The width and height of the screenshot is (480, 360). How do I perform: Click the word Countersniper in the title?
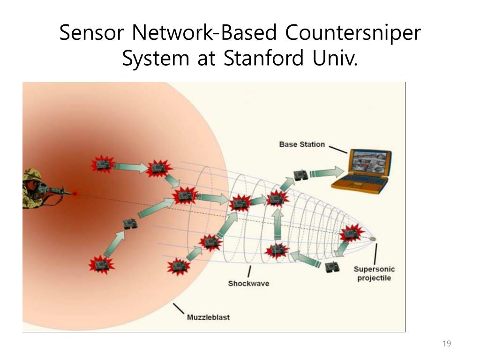tap(353, 33)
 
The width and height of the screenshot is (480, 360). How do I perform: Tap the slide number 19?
tap(446, 344)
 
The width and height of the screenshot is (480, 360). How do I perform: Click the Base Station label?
tap(302, 144)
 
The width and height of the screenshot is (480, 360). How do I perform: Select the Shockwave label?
tap(248, 283)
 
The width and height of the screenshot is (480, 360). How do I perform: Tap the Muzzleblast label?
tap(209, 317)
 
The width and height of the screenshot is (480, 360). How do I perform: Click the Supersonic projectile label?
tap(374, 274)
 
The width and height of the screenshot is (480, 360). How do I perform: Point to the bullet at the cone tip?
tap(373, 239)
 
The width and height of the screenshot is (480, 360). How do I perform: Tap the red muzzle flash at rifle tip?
tap(74, 193)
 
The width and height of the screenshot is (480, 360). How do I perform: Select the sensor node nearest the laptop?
tap(300, 175)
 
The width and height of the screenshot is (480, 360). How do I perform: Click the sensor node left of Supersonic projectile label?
tap(332, 267)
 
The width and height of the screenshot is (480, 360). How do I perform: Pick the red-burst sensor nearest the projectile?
tap(349, 233)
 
